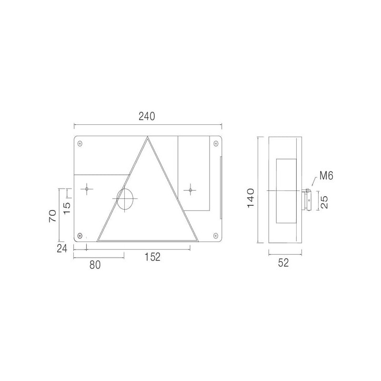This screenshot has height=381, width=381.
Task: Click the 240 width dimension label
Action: coord(147,116)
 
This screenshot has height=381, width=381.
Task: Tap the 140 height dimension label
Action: coord(251,198)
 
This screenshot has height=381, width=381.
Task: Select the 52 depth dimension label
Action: coord(283,263)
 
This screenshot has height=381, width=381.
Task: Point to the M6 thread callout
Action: coord(326,175)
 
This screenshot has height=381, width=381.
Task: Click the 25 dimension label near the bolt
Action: coord(324,202)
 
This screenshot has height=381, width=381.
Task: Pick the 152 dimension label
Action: coord(152,257)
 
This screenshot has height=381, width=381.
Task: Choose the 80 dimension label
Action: coord(95,265)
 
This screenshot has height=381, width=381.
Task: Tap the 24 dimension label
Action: coord(62,248)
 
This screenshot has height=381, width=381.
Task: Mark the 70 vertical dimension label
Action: coord(53,216)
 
